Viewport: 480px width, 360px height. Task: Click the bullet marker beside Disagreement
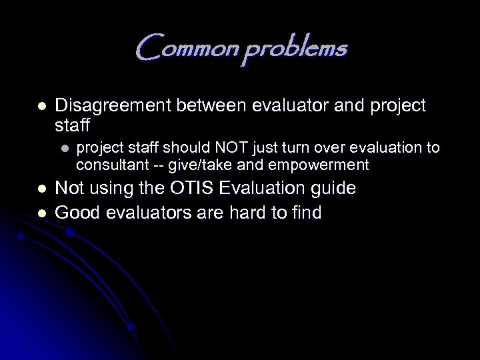pos(41,106)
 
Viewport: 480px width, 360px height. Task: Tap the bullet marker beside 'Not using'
pos(41,189)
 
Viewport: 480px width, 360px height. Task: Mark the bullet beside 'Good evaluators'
pos(41,213)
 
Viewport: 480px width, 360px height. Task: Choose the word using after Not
pos(109,189)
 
